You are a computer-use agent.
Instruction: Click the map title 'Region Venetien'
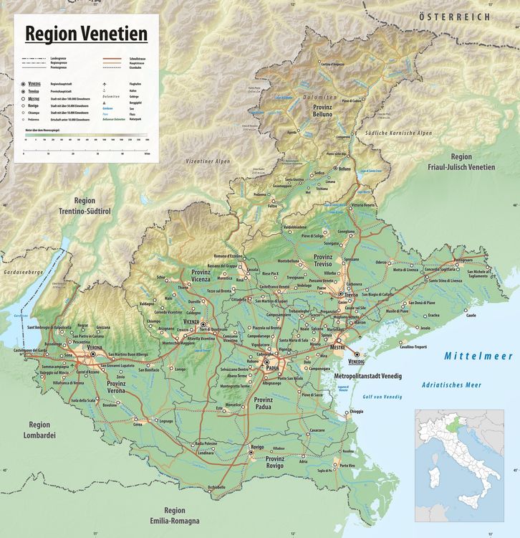click(x=86, y=34)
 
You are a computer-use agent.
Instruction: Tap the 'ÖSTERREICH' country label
click(x=455, y=16)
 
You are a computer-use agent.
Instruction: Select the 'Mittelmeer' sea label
click(x=478, y=356)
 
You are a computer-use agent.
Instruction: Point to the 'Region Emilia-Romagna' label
click(x=174, y=515)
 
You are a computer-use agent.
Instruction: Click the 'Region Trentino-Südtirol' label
click(x=85, y=206)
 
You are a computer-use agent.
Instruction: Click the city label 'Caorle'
click(x=471, y=315)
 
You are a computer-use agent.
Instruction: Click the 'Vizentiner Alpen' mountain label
click(x=208, y=161)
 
